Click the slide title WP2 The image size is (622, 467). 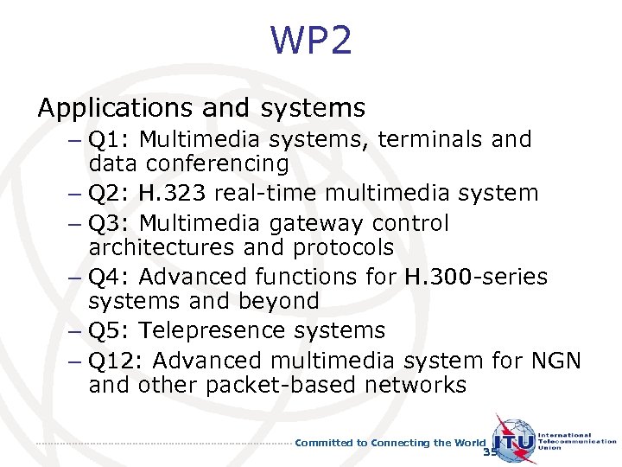coord(311,41)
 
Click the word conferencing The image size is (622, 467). coord(218,163)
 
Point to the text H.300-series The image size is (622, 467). coord(475,277)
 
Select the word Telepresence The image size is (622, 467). coord(220,330)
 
